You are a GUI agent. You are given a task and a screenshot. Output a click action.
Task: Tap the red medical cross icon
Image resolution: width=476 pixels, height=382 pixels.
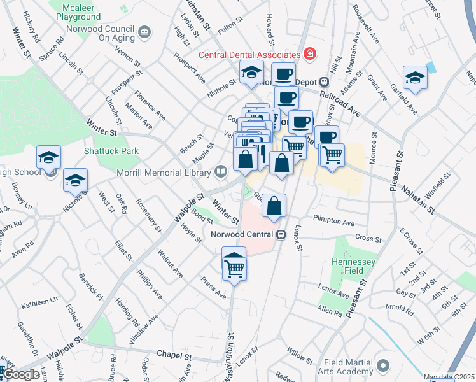(310, 53)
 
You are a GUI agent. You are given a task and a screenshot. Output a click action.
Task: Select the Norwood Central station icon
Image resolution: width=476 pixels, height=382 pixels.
(281, 234)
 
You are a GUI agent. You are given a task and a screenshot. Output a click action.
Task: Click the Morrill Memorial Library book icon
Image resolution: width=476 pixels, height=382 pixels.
(220, 171)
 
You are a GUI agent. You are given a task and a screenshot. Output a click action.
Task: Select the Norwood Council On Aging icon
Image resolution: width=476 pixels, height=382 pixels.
(144, 32)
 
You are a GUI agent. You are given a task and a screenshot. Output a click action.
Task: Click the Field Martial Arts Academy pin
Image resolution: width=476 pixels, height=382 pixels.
(382, 365)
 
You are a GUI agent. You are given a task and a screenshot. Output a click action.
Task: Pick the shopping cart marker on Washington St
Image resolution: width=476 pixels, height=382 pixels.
(234, 264)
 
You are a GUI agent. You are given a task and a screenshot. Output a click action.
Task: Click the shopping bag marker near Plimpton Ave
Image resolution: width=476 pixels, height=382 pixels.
(274, 206)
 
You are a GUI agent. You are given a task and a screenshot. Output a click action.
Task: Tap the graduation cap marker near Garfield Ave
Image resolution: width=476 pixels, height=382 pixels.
(415, 79)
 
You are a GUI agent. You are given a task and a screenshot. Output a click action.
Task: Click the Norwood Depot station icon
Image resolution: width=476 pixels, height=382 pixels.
(325, 81)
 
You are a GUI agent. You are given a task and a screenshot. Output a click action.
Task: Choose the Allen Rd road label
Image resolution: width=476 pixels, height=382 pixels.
(330, 313)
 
